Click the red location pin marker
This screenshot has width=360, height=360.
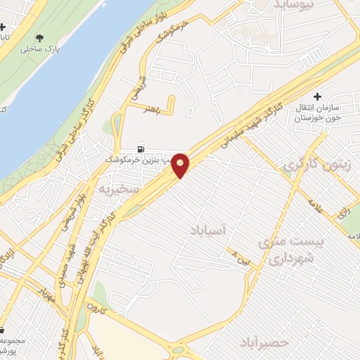tap(181, 165)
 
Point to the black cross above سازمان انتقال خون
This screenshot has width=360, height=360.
tap(318, 96)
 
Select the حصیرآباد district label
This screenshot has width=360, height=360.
tap(264, 342)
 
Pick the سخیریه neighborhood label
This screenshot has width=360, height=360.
tap(115, 190)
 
